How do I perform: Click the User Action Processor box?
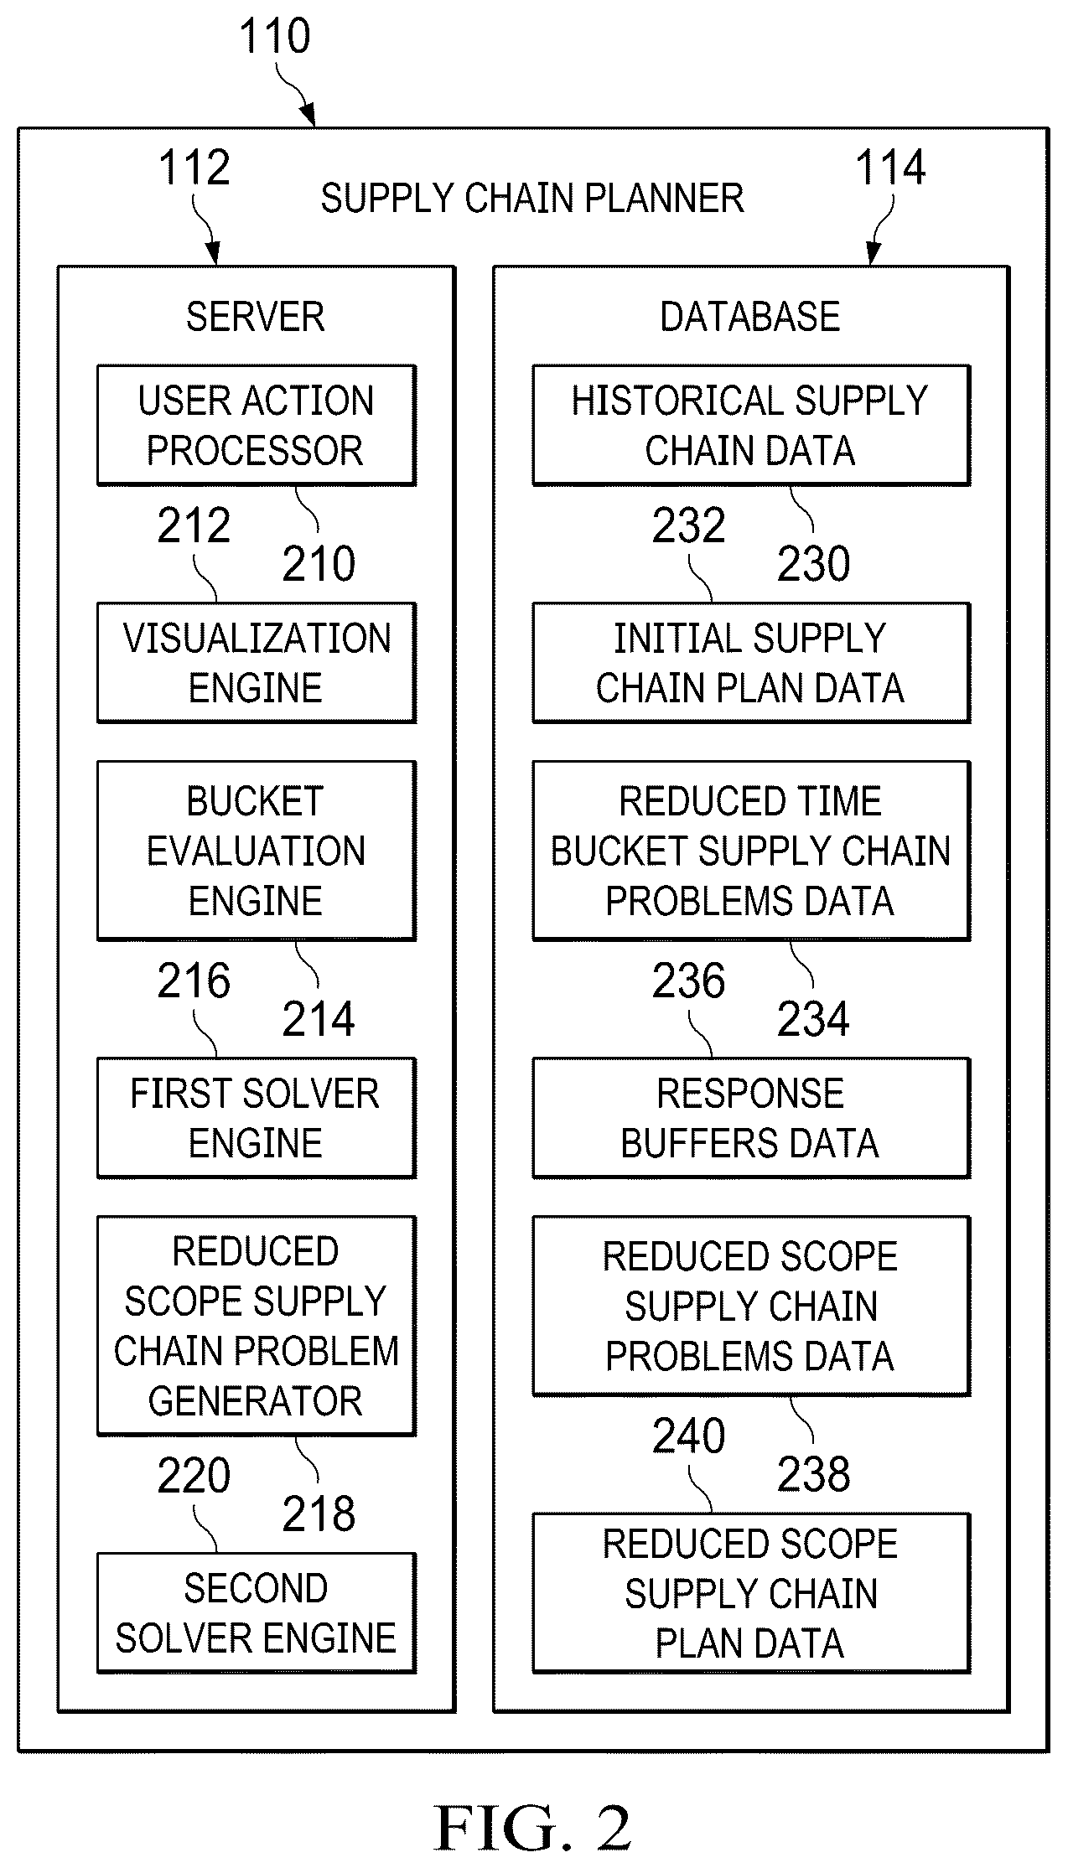pos(257,425)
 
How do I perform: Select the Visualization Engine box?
pos(257,662)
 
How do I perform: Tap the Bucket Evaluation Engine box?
pos(257,851)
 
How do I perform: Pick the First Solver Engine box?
pos(257,1118)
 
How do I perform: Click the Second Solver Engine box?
pos(257,1613)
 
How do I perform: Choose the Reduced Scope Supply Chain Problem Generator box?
pos(257,1326)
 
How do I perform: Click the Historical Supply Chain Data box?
pos(751,425)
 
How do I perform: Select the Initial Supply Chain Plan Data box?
pos(751,662)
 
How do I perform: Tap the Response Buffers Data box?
pos(751,1118)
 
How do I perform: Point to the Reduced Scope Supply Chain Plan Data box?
pos(751,1593)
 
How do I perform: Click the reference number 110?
pos(275,37)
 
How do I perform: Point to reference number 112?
pos(194,168)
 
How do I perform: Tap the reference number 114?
pos(890,168)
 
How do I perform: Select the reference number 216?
pos(194,981)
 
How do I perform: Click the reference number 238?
pos(813,1474)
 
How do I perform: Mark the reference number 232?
pos(688,525)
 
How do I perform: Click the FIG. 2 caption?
pos(532,1828)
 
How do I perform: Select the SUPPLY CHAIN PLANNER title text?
pos(532,199)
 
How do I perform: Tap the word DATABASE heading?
pos(750,317)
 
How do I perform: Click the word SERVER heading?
pos(255,317)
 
